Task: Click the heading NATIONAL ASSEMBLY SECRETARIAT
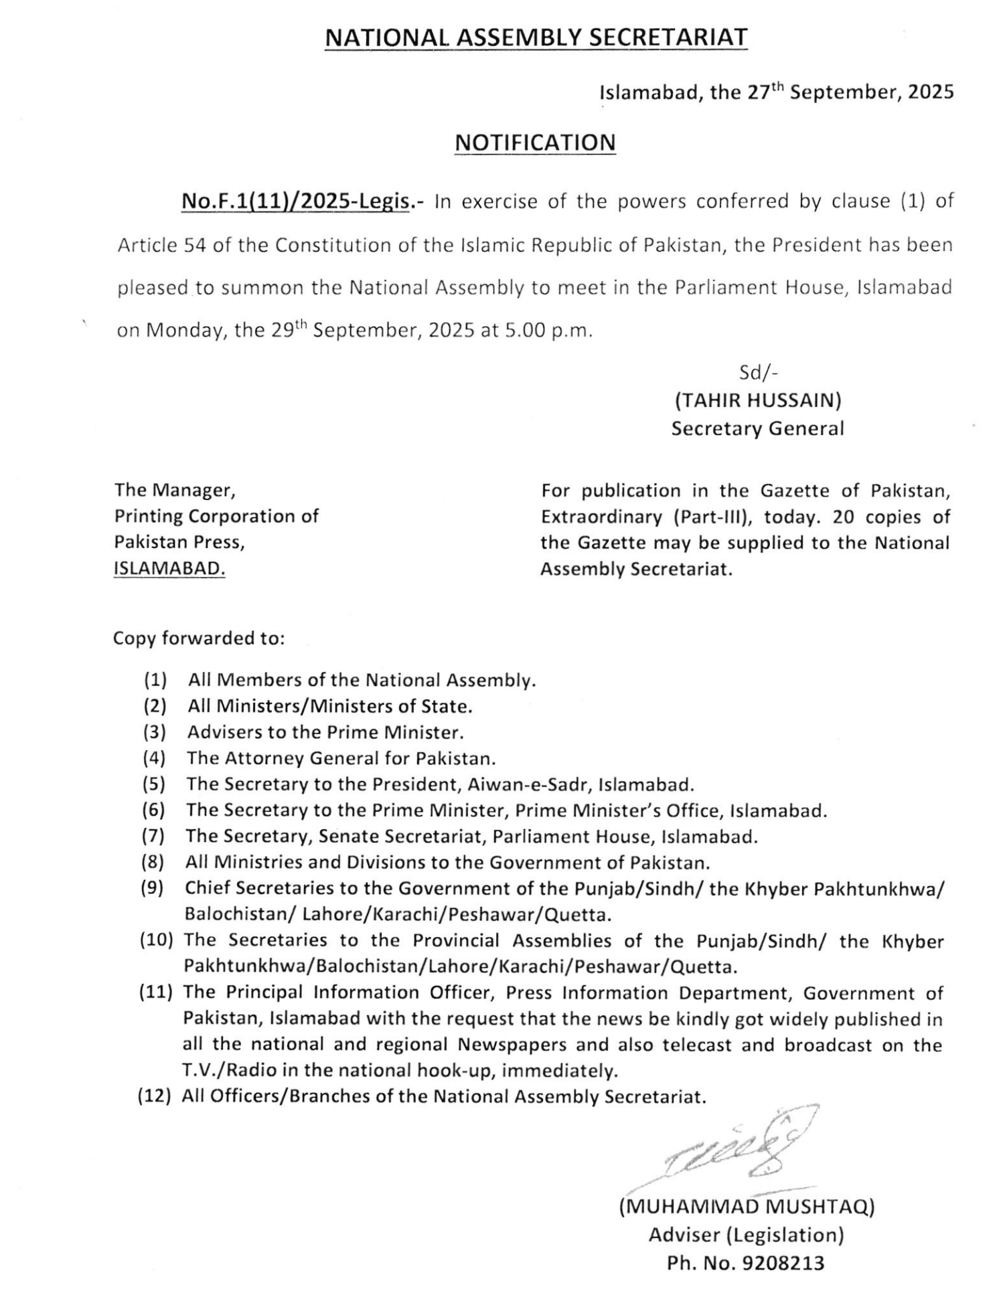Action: coord(536,37)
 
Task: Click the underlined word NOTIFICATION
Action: coord(534,143)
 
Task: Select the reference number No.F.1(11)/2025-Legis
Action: coord(295,201)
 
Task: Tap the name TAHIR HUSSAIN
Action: coord(757,400)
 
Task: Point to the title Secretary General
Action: coord(757,428)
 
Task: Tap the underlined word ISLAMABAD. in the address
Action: coord(169,568)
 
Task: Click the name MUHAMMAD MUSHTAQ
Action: coord(747,1207)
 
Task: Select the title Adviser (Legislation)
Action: coord(746,1235)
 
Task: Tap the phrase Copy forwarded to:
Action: coord(199,638)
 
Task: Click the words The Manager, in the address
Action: coord(175,490)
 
